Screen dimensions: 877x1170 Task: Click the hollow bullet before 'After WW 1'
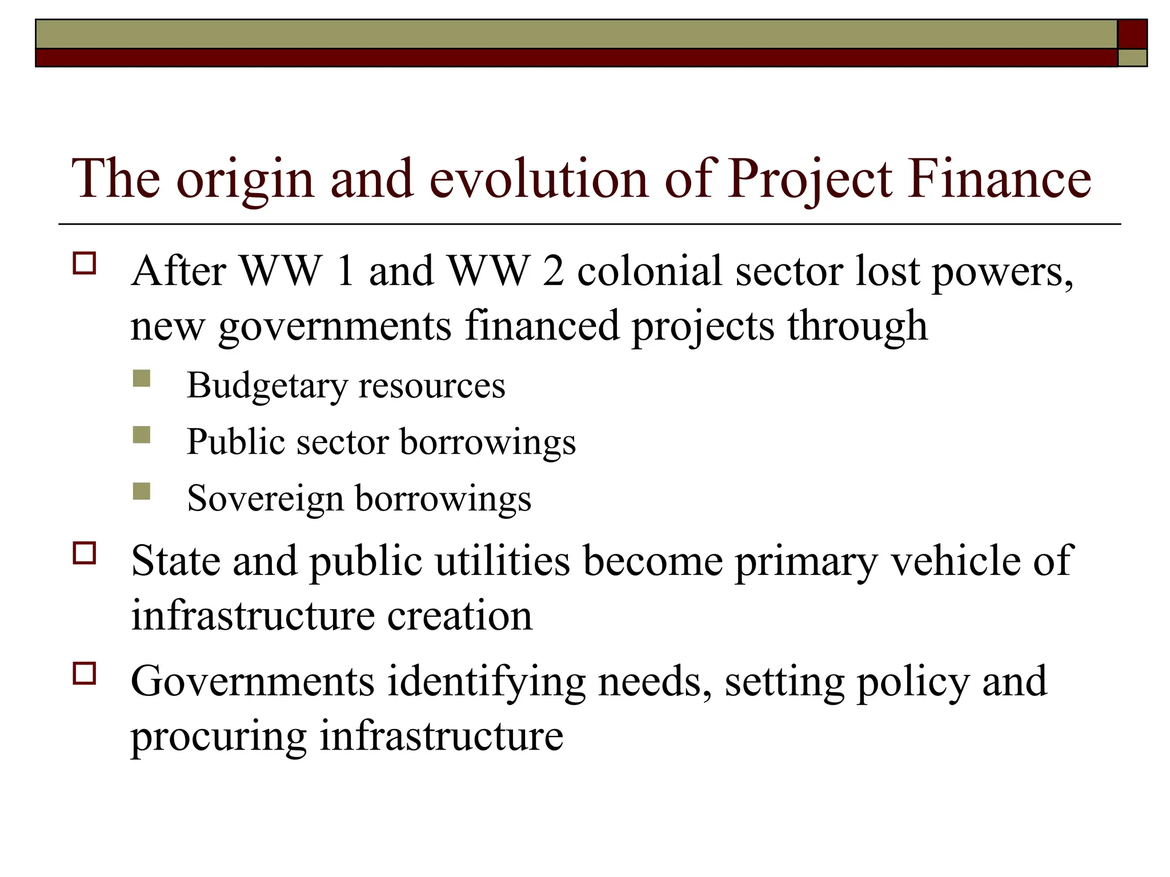click(x=84, y=264)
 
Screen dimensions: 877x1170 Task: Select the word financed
click(x=542, y=325)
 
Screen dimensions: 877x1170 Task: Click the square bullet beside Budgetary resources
click(x=142, y=379)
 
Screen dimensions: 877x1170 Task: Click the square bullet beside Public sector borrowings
click(x=142, y=435)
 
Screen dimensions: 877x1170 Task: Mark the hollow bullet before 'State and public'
click(x=84, y=553)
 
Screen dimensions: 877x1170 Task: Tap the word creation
click(x=459, y=616)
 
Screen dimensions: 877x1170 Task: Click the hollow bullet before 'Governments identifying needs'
click(x=84, y=673)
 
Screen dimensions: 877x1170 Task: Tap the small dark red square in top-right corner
click(x=1132, y=34)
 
